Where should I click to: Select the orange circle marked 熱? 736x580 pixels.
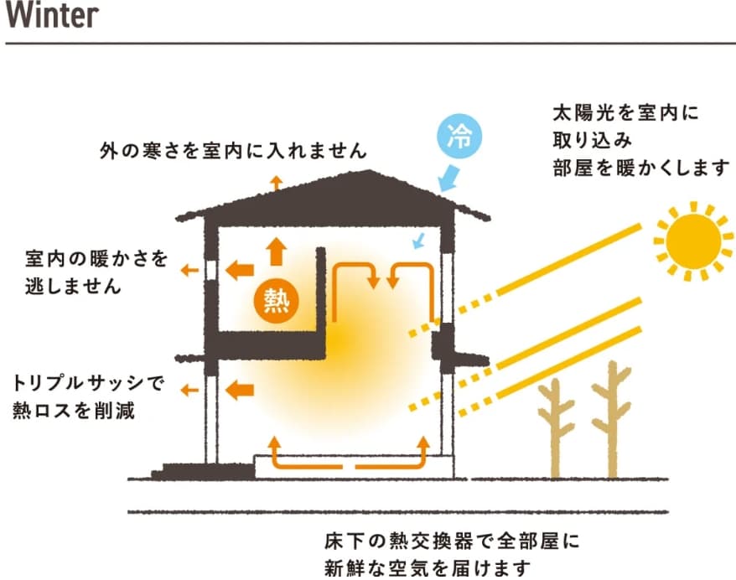(277, 298)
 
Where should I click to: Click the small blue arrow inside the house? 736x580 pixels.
(420, 242)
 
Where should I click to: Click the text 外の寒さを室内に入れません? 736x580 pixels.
(233, 152)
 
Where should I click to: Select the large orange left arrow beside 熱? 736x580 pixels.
(241, 269)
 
